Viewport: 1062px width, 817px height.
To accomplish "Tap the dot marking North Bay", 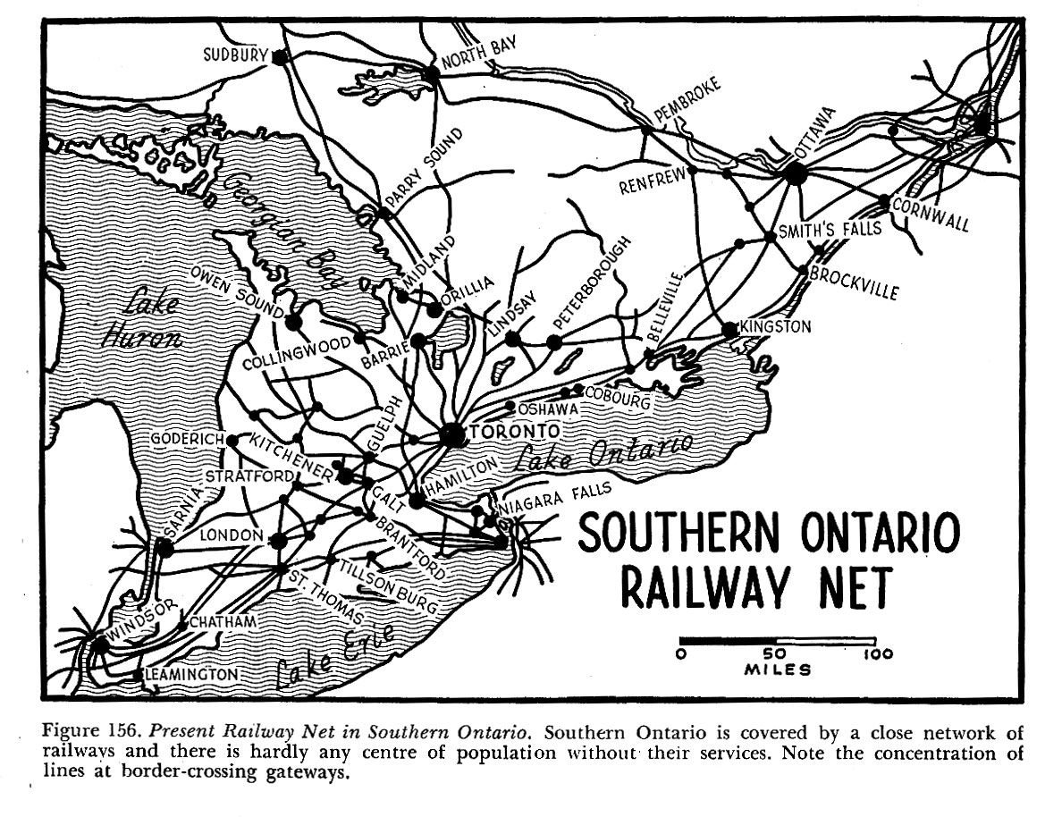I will pos(433,74).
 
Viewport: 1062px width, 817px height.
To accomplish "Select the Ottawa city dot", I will pos(796,173).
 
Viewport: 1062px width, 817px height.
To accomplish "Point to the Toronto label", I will pos(510,432).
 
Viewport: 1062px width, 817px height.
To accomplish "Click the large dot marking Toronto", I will pos(453,434).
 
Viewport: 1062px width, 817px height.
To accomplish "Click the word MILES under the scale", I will pos(778,670).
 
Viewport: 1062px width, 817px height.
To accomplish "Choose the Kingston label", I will pos(775,327).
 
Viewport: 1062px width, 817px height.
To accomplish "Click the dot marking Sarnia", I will pos(164,547).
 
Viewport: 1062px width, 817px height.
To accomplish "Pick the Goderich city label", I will pos(188,440).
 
